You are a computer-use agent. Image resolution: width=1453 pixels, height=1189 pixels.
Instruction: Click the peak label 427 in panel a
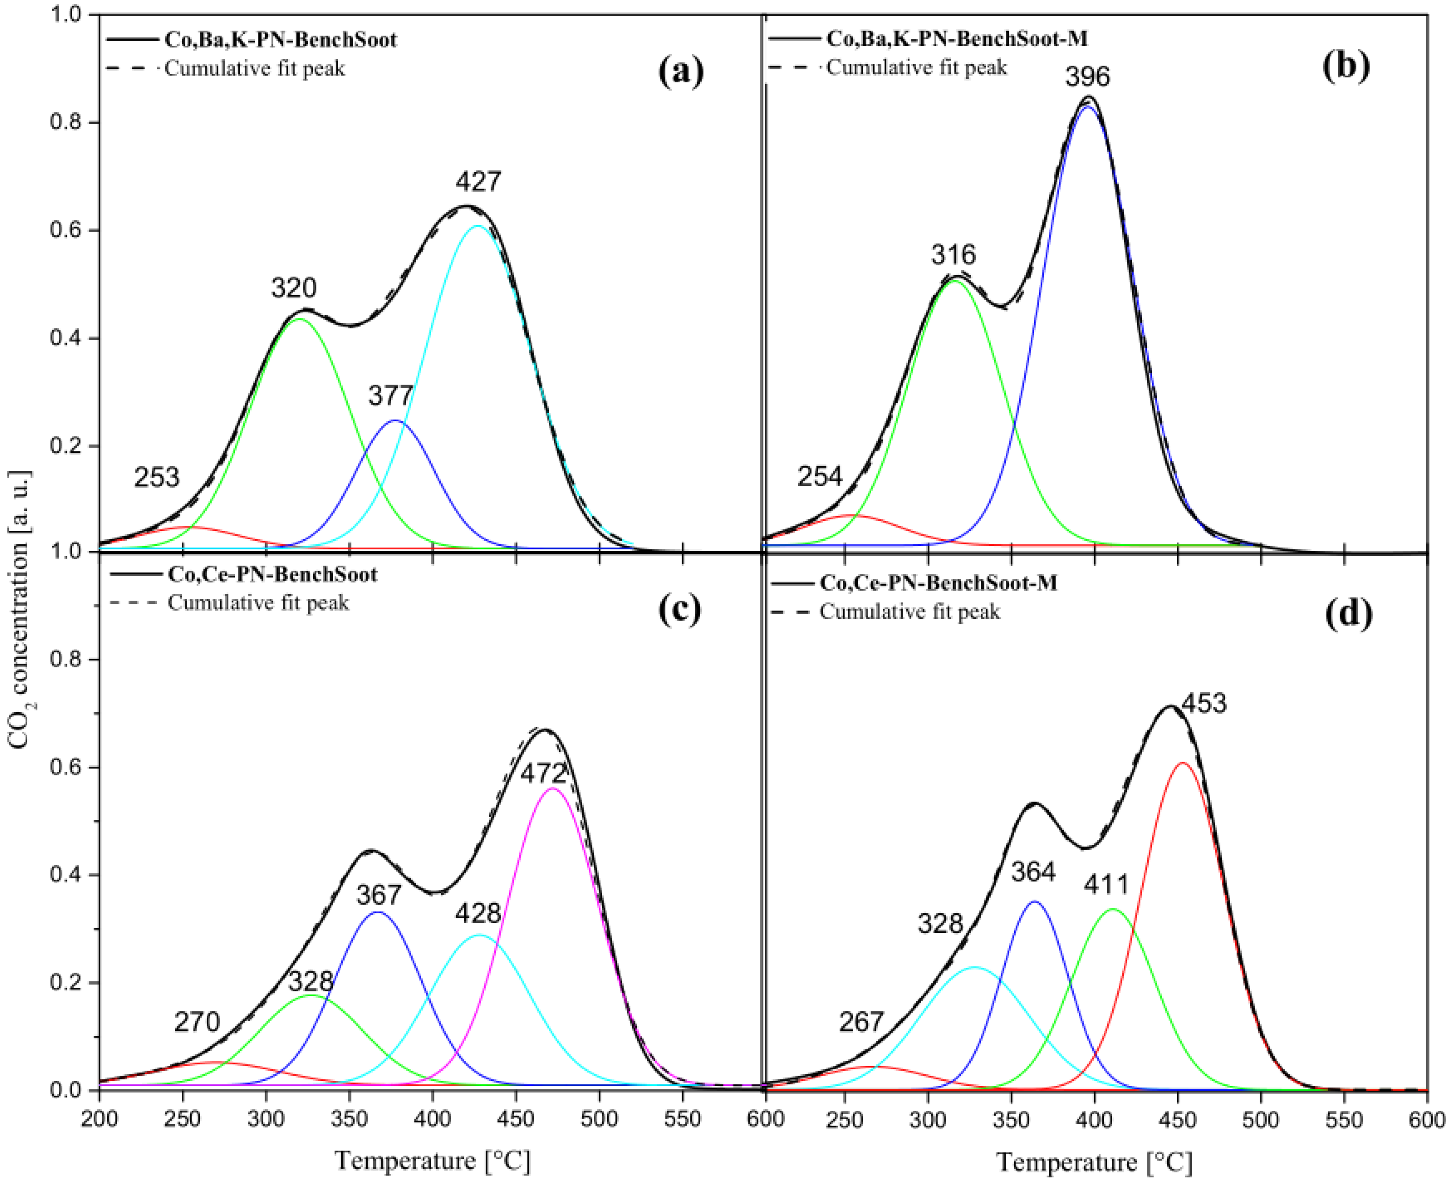coord(478,181)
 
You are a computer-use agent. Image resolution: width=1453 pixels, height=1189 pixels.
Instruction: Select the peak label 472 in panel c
coord(543,774)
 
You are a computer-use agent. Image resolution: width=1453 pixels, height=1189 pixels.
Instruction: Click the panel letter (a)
coord(681,71)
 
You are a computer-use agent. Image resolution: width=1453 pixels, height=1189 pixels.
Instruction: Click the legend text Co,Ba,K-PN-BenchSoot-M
coord(957,38)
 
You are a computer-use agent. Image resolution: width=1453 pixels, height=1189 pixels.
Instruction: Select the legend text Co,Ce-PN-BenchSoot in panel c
coord(272,574)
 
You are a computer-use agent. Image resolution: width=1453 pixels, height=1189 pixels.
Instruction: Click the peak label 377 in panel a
coord(390,395)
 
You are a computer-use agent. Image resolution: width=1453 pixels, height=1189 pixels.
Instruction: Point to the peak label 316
coord(953,255)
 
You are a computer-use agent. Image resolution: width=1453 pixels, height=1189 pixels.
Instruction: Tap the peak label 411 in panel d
coord(1106,885)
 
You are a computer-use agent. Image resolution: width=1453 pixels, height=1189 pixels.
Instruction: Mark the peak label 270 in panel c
coord(197,1023)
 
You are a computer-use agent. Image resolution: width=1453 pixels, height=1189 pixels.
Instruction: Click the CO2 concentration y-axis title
coord(19,610)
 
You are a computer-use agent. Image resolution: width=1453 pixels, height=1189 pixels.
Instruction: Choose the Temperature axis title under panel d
coord(1094,1162)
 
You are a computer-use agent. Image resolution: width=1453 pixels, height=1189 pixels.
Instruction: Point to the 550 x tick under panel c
coord(683,1119)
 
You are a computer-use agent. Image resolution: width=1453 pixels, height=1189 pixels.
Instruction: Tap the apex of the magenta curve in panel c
coord(553,789)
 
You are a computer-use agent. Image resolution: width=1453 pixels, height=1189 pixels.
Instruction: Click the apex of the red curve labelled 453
coord(1182,762)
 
